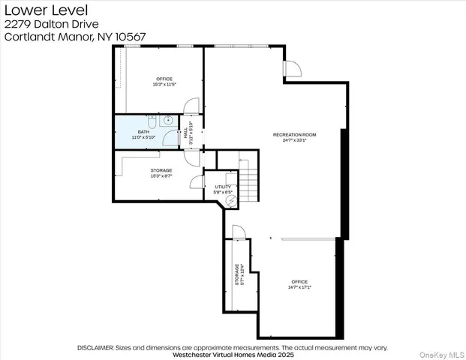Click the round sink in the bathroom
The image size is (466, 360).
click(x=169, y=120)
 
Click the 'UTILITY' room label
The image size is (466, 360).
click(x=223, y=187)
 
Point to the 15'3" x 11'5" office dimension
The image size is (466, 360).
click(x=164, y=84)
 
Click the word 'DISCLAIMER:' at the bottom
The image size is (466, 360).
click(x=95, y=347)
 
